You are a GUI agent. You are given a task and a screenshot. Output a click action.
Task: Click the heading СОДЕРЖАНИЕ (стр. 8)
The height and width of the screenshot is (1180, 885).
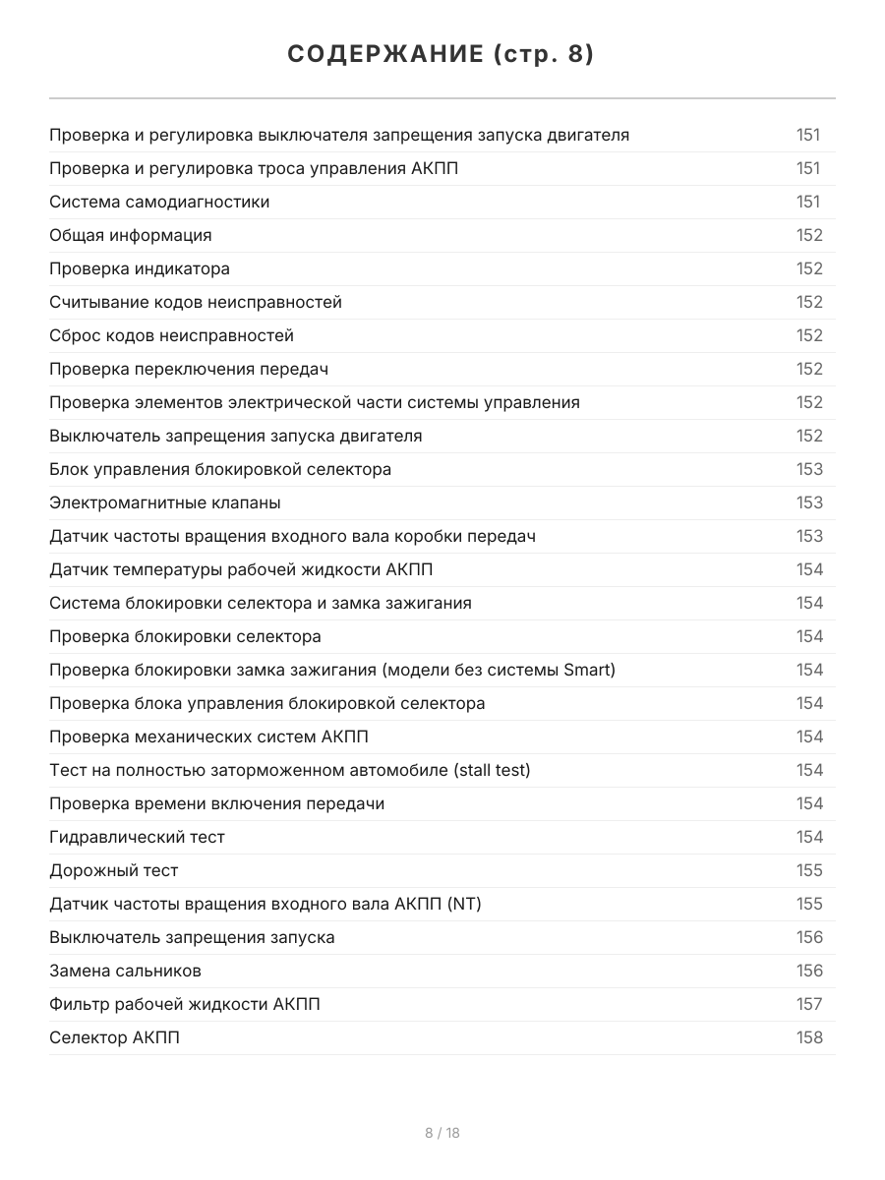point(442,55)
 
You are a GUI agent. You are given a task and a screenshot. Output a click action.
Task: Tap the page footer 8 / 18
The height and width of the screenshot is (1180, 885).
point(442,1133)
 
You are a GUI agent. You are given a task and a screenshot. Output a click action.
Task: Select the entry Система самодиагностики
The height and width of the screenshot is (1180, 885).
point(159,202)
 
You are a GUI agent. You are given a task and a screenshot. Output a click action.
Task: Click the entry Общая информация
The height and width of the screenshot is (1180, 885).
point(131,235)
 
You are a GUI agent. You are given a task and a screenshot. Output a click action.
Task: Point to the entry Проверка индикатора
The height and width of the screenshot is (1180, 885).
point(140,268)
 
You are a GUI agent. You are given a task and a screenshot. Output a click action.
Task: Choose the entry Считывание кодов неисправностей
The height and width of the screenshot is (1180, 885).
point(196,302)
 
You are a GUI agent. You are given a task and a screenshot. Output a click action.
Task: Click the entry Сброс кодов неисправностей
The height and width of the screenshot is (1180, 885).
point(171,335)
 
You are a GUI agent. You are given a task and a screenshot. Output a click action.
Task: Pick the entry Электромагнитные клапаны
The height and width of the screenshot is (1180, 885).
point(165,502)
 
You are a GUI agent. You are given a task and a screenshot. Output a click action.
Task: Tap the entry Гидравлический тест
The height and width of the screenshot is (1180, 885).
point(137,837)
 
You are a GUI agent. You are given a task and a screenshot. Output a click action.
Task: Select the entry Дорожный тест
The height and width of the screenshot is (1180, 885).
point(114,870)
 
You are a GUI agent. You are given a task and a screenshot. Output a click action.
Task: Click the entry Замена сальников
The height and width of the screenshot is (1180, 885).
point(125,971)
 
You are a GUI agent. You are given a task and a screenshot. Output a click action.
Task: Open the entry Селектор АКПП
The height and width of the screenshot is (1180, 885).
point(114,1037)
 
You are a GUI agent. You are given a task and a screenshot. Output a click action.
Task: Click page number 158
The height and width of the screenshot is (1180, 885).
point(809,1037)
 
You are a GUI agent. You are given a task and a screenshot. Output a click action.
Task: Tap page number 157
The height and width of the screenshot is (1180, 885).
point(809,1004)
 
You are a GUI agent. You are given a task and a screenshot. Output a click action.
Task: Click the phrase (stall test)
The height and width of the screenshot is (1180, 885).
point(492,770)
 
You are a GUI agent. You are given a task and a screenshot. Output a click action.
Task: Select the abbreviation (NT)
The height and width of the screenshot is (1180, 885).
point(464,904)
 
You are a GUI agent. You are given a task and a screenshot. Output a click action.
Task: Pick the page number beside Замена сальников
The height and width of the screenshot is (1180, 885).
point(809,971)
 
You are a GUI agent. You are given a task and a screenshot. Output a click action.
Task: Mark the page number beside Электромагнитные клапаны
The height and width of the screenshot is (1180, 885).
point(809,502)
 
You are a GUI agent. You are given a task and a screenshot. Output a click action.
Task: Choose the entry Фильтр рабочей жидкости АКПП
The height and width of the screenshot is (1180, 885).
point(185,1004)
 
